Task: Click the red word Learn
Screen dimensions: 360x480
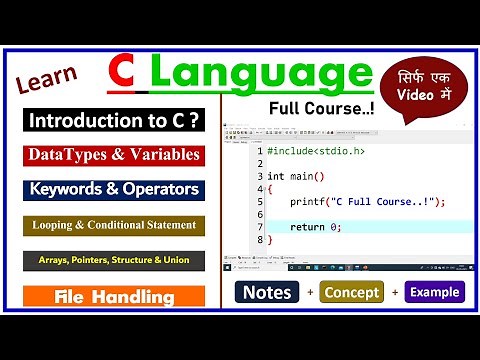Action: [46, 84]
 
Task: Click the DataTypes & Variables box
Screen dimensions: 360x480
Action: [111, 155]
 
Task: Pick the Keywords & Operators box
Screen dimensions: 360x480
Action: [112, 189]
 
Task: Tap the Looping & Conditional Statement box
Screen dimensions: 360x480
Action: [112, 225]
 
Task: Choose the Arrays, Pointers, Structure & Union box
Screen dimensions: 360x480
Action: [112, 260]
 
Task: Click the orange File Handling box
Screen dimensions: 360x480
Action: [112, 297]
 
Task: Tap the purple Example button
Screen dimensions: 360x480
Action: [435, 293]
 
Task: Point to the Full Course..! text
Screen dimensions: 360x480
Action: [319, 107]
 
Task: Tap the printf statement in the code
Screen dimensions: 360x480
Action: [367, 201]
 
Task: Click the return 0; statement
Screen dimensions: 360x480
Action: [316, 227]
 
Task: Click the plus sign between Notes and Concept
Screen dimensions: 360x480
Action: [311, 293]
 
